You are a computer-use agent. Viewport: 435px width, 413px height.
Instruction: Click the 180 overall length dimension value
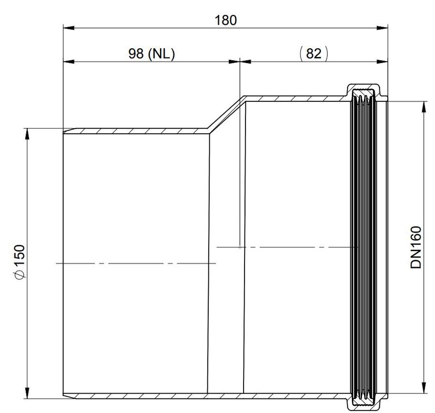pos(226,20)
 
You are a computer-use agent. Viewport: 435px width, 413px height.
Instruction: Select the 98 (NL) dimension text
pos(151,54)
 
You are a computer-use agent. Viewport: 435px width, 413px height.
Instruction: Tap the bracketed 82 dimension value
pos(314,53)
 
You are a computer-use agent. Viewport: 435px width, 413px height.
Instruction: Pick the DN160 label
pos(416,247)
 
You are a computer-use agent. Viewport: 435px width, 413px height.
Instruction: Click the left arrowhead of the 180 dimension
pos(69,28)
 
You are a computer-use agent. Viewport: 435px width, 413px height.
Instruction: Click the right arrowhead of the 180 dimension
pos(382,28)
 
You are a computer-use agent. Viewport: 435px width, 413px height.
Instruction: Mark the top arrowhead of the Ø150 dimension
pos(27,134)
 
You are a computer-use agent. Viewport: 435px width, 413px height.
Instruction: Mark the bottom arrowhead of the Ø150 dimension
pos(27,393)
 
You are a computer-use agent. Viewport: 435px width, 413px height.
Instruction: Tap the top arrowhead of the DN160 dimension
pos(423,107)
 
